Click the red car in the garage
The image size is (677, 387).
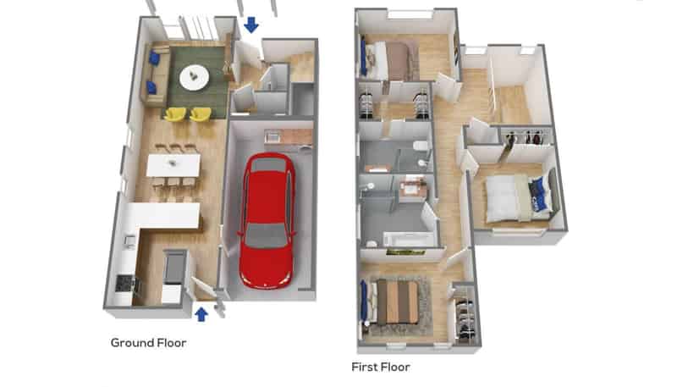pos(267,220)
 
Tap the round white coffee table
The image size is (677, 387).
pos(195,78)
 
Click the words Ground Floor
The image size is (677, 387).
pos(149,342)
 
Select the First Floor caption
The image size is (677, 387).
pos(380,367)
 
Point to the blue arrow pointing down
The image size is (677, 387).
pos(250,25)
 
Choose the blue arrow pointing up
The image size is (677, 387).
pos(201,314)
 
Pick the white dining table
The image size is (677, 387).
pos(173,165)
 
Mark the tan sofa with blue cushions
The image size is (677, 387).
pos(155,75)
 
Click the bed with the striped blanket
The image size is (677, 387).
pos(392,301)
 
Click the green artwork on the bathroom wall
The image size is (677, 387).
pos(405,252)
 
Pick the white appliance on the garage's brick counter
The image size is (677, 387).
pos(272,137)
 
